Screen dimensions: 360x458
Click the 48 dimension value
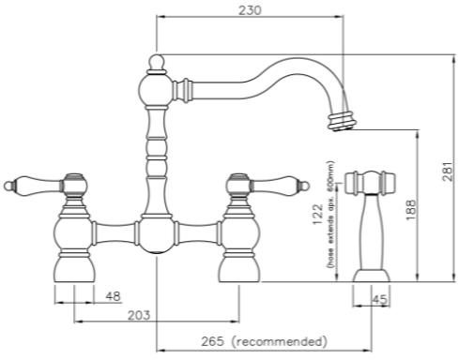[x=112, y=296]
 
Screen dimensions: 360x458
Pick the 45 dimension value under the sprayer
[x=378, y=300]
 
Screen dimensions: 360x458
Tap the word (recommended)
[x=282, y=340]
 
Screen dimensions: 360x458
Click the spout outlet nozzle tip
[x=343, y=118]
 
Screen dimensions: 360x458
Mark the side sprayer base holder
[x=369, y=275]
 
